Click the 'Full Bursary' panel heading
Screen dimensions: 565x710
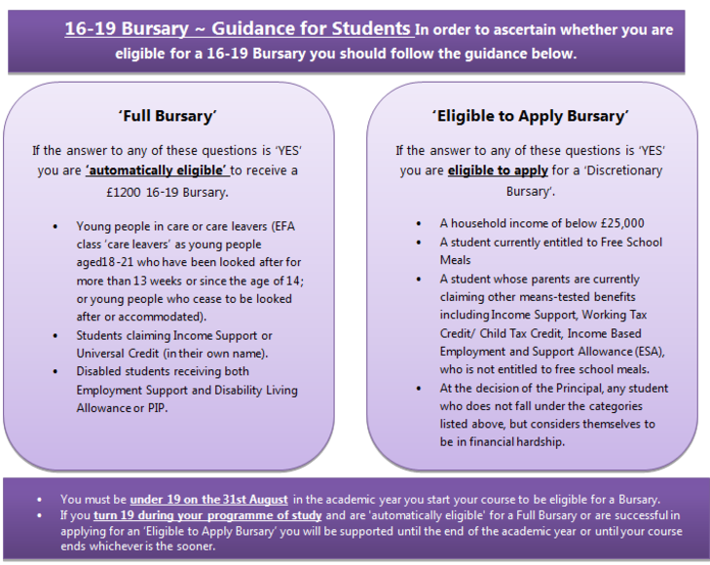tap(167, 117)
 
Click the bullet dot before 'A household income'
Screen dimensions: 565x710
tap(417, 223)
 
